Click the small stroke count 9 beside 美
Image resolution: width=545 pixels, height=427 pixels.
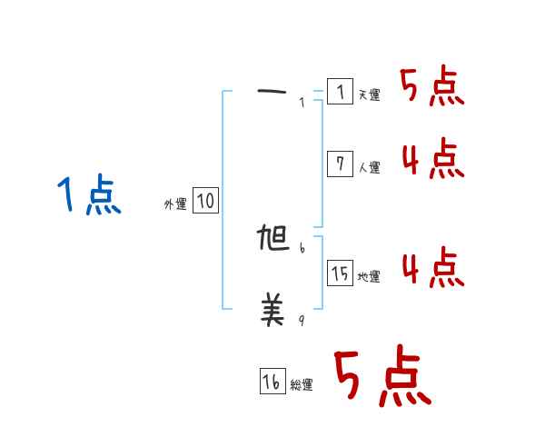click(x=302, y=319)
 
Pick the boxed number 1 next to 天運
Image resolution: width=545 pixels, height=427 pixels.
click(x=340, y=92)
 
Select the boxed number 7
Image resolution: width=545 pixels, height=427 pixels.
click(x=340, y=164)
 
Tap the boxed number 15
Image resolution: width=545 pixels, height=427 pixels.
click(x=340, y=273)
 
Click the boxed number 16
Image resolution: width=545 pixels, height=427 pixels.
click(x=272, y=382)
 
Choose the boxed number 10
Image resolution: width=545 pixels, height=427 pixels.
click(x=205, y=201)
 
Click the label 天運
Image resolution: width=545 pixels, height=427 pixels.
click(x=369, y=95)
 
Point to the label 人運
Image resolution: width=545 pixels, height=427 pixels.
click(x=369, y=167)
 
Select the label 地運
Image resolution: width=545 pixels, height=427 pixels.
click(x=369, y=276)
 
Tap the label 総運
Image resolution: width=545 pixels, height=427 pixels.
click(x=302, y=386)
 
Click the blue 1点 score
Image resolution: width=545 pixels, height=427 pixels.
click(x=90, y=196)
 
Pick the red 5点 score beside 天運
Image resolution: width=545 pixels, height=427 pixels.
click(x=432, y=87)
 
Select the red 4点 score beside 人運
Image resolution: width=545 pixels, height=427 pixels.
click(x=432, y=160)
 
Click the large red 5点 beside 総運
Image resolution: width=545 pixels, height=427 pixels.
click(x=381, y=377)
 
